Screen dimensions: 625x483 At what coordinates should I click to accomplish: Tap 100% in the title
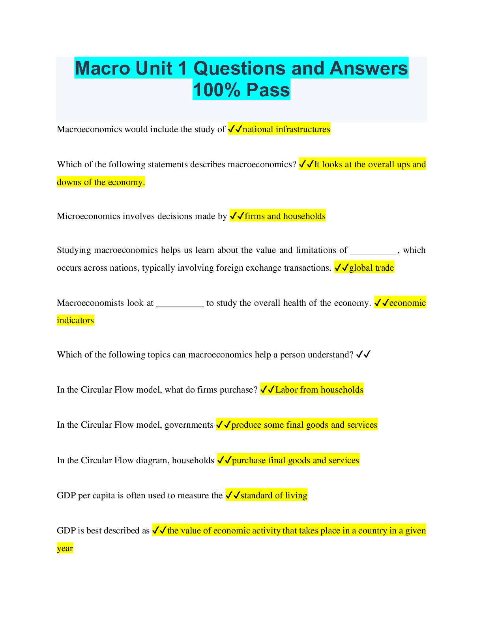217,90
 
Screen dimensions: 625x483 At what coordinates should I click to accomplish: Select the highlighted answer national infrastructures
286,129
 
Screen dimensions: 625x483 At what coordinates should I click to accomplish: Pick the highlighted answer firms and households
285,216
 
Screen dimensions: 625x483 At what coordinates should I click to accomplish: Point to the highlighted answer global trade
371,268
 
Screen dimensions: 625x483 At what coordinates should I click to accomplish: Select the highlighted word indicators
75,320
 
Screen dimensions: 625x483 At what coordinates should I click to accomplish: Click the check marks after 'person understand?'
363,355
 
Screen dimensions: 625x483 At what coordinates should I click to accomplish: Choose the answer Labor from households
319,390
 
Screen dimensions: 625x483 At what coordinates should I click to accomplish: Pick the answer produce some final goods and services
304,425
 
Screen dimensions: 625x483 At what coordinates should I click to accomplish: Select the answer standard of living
274,496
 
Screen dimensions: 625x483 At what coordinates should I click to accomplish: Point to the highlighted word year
65,548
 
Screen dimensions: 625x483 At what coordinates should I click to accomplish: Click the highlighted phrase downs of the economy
101,182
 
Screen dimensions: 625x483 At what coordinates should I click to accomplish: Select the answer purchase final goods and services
295,460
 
